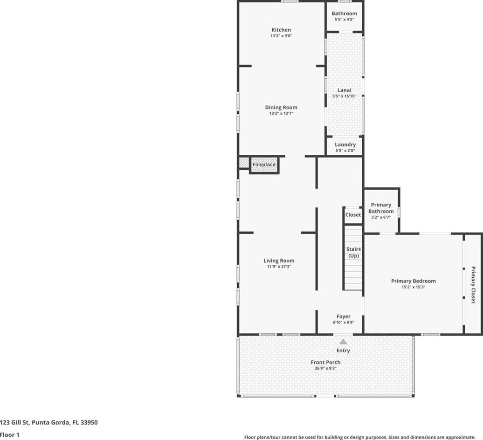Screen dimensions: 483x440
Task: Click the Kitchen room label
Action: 281,30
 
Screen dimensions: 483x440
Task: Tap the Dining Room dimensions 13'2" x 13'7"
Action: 281,113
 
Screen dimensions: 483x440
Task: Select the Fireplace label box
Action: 264,165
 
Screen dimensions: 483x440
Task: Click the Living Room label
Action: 279,261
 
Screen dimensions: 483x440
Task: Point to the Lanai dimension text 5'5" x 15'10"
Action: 344,96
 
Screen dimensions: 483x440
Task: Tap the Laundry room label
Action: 345,144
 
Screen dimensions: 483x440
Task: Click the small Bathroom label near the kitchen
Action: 344,14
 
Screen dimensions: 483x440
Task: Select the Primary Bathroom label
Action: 381,208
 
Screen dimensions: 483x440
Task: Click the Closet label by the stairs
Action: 353,214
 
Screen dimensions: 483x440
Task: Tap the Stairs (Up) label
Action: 353,253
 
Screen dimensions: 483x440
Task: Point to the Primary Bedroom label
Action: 414,281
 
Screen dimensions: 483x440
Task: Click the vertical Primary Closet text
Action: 473,285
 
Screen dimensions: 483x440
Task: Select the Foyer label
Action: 343,316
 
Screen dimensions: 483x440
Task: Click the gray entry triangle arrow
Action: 343,342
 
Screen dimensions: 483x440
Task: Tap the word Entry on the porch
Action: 343,351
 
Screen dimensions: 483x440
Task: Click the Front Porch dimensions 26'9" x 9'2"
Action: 325,368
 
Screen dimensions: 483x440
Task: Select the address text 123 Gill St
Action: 14,422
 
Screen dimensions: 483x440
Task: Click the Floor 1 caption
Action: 9,435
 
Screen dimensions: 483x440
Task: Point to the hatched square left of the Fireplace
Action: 244,163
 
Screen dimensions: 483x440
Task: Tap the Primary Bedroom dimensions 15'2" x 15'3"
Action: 413,287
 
